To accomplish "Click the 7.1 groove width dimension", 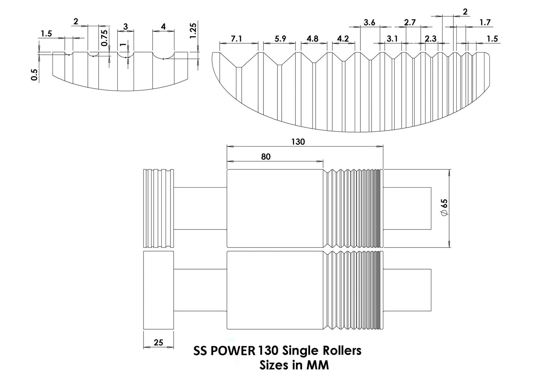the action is pos(236,39).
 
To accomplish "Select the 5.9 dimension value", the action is pos(280,39).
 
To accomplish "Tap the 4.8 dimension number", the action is pos(312,39).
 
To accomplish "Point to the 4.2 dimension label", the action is pos(343,39).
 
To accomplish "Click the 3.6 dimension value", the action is pos(369,22).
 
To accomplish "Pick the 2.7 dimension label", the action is pos(410,22).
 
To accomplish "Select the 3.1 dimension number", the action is pos(392,39).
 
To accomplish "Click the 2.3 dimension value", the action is pos(430,39).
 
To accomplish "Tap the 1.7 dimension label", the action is pos(485,22).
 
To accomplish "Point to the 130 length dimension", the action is pos(298,142).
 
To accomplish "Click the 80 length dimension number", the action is pos(266,157).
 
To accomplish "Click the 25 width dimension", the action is pos(158,342).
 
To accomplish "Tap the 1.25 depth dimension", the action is pos(193,31).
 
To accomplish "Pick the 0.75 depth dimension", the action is pos(104,38).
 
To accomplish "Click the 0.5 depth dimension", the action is pos(35,75).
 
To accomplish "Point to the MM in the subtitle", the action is pos(318,365).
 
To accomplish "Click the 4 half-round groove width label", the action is pos(163,27).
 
